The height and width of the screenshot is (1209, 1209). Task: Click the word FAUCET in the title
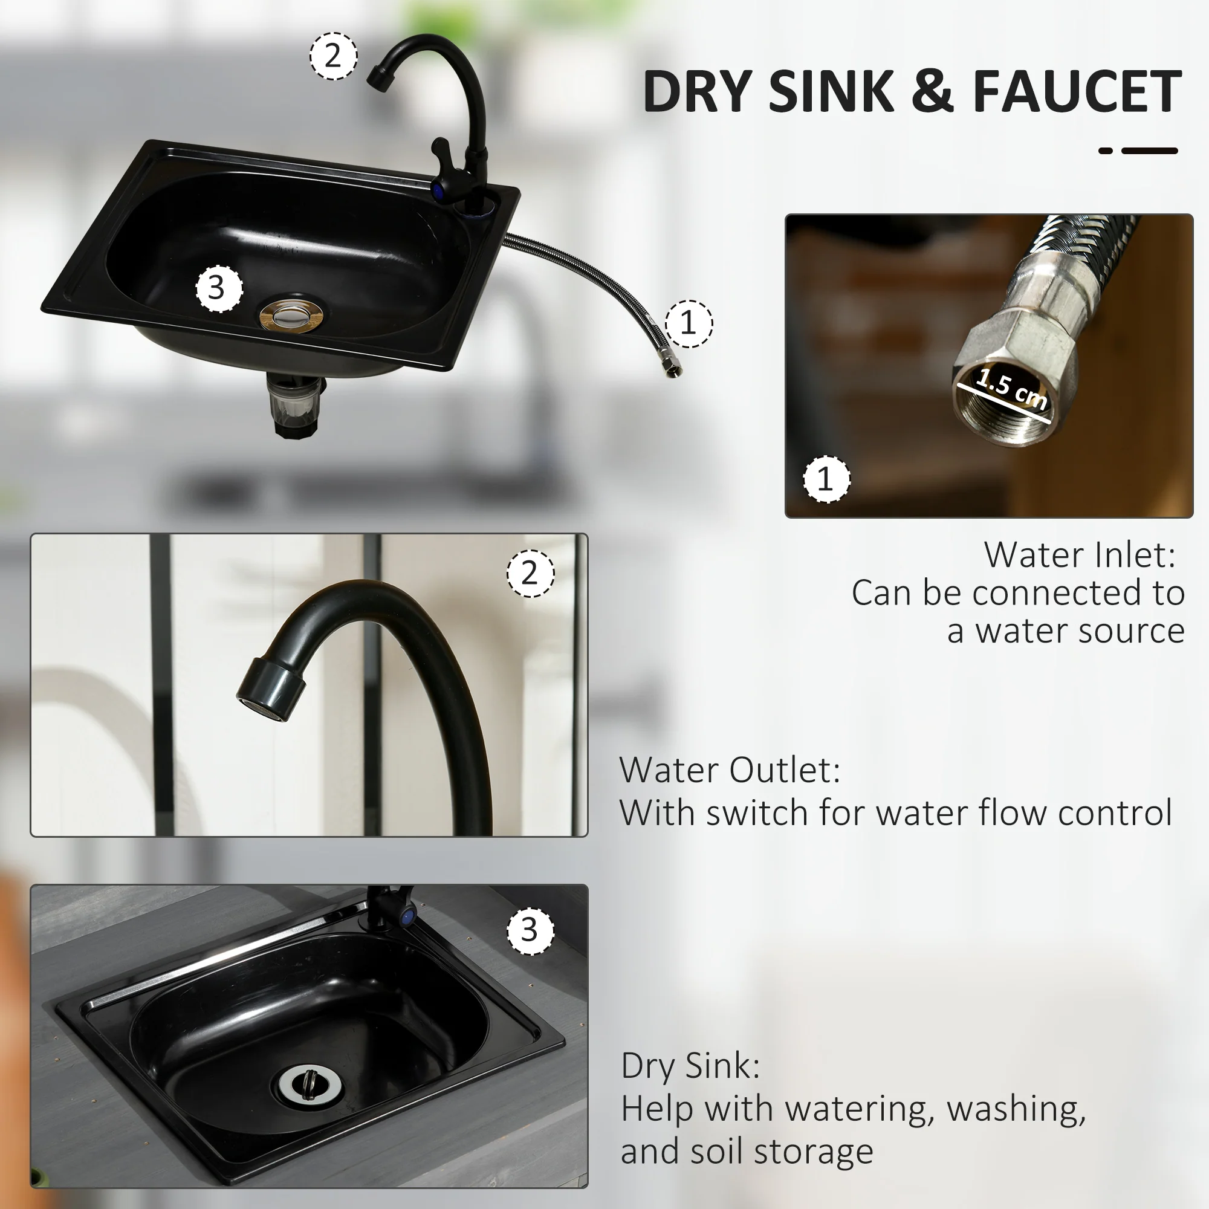click(1077, 92)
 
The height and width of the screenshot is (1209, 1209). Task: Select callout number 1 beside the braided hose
click(689, 323)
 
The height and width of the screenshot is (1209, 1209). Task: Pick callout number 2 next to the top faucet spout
click(334, 56)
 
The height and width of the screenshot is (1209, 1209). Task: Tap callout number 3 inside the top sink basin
click(219, 288)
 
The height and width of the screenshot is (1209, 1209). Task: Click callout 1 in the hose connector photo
click(826, 479)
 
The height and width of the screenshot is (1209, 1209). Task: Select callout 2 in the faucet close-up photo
click(530, 573)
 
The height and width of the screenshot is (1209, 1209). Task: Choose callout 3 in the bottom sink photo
click(530, 930)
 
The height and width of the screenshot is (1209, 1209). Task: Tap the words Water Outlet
click(730, 770)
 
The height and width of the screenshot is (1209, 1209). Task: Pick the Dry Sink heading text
click(690, 1066)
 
